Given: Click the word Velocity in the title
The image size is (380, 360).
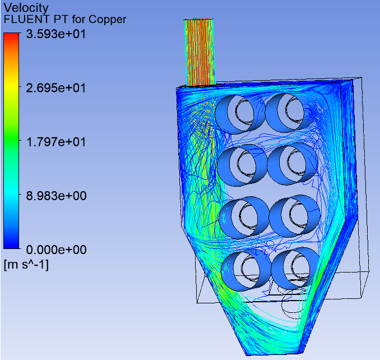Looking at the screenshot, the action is [x=26, y=8].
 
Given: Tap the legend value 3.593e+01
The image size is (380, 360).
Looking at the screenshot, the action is [x=56, y=34].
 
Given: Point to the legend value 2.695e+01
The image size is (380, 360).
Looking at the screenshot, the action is [x=56, y=88].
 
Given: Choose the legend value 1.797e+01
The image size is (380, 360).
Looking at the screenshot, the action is [x=56, y=142].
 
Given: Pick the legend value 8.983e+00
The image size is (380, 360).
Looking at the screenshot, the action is [x=56, y=196].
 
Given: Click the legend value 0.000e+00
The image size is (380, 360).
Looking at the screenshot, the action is [x=56, y=250].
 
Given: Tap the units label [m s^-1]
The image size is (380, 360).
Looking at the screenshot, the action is [x=26, y=265].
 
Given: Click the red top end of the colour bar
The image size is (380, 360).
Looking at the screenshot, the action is [x=11, y=35].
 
